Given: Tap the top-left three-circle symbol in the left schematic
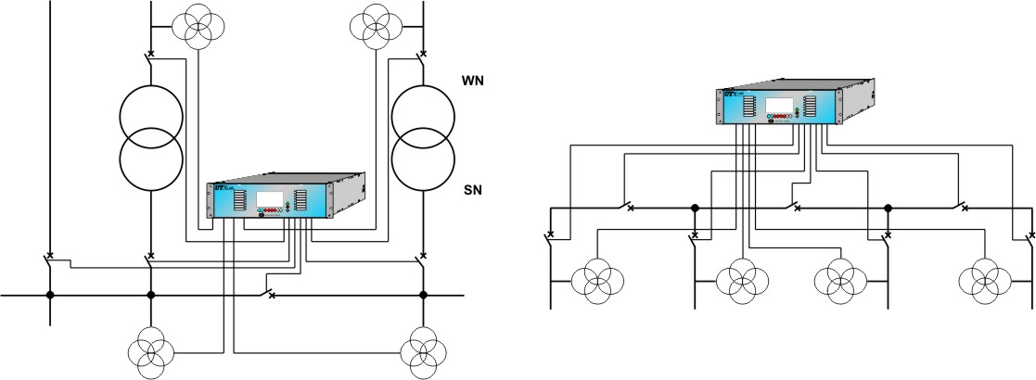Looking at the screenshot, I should (x=198, y=27).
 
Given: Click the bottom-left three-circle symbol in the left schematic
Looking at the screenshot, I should (x=150, y=353).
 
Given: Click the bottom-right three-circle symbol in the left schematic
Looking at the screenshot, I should (x=423, y=353).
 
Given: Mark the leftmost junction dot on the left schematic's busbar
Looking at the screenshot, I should (x=50, y=296).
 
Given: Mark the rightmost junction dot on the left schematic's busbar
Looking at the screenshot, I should (x=423, y=296).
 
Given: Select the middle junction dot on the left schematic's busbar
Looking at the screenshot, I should (x=150, y=296).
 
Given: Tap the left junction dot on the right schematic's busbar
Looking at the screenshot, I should (x=694, y=207).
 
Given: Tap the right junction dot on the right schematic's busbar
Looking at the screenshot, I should (x=888, y=207).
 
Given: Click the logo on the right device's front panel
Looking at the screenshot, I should (x=730, y=94).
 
